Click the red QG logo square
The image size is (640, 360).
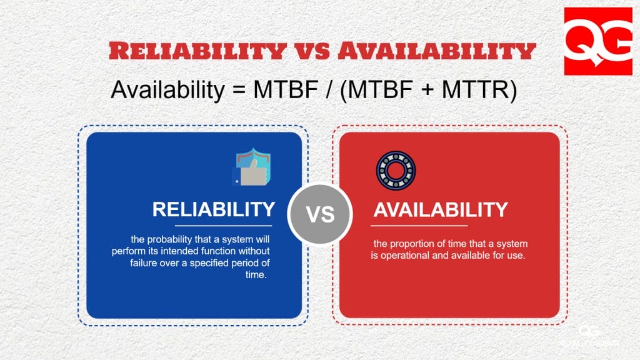[x=598, y=41]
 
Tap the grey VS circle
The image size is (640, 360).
[x=320, y=214]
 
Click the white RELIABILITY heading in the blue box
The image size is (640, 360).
[x=213, y=209]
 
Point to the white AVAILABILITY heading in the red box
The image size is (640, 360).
[x=441, y=209]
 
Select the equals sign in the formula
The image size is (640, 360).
[x=237, y=91]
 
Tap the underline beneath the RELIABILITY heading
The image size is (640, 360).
[x=223, y=225]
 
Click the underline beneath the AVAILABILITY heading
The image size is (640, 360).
[x=421, y=225]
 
